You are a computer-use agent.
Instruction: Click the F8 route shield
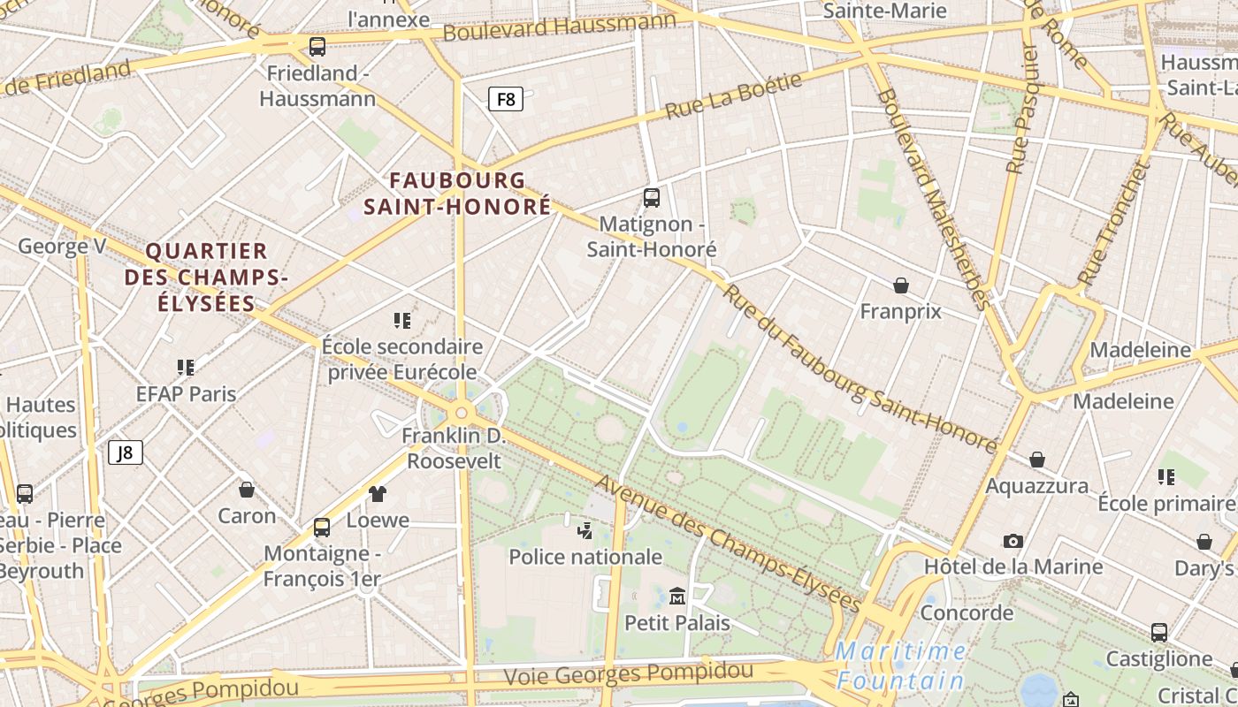(x=506, y=99)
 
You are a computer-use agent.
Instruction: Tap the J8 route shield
(x=125, y=453)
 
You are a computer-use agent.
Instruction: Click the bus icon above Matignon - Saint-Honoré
(x=652, y=197)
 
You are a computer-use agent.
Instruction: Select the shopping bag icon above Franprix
(x=900, y=285)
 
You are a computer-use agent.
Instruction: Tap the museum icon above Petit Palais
(x=677, y=597)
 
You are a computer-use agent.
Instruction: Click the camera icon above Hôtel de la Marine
(x=1013, y=541)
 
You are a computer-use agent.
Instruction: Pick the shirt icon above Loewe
(x=378, y=494)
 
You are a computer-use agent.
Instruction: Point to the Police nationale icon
(x=585, y=530)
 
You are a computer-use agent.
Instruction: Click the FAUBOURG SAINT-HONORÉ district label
(x=457, y=194)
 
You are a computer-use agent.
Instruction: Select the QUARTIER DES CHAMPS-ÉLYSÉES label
(x=206, y=277)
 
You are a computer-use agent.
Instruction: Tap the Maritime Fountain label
(x=901, y=666)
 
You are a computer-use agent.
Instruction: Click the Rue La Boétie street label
(x=733, y=96)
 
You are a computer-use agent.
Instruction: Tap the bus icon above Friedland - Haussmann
(x=317, y=47)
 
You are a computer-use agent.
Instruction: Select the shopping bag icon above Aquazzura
(x=1036, y=460)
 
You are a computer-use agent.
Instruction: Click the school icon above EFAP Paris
(x=185, y=367)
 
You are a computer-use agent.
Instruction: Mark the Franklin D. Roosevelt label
(x=454, y=448)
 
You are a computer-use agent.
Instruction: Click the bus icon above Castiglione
(x=1158, y=633)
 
